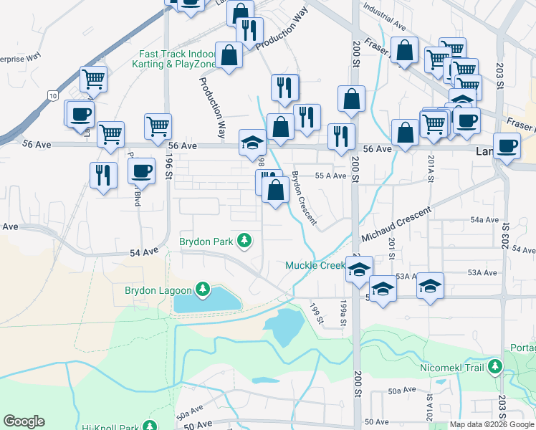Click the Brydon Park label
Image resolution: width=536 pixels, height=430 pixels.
(206, 242)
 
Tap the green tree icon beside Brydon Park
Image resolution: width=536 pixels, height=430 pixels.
(245, 240)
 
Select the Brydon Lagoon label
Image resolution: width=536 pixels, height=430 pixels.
(158, 290)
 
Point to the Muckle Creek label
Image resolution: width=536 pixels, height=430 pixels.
(316, 266)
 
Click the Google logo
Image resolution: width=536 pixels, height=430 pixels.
(24, 421)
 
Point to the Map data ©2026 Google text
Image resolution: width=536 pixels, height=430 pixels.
(492, 424)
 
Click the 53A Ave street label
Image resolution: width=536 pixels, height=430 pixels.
(482, 272)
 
